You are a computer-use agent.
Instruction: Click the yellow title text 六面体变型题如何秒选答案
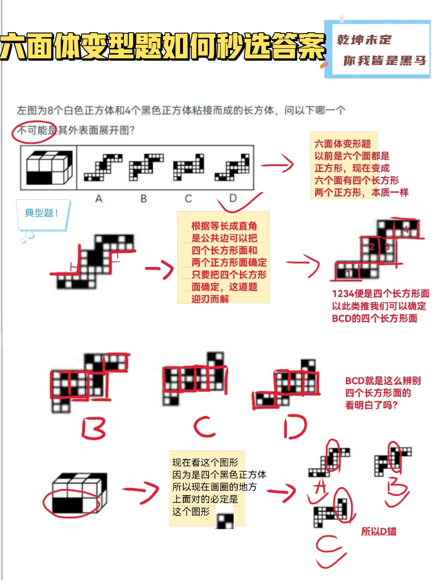click(163, 46)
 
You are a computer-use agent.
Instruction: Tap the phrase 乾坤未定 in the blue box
click(364, 40)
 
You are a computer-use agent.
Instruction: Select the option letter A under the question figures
click(99, 199)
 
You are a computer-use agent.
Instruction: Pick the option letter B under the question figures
click(143, 199)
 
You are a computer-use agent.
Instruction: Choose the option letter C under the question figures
click(188, 199)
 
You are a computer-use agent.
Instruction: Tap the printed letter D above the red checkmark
click(233, 198)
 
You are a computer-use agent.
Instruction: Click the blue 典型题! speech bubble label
click(41, 213)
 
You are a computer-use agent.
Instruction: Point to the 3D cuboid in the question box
click(49, 168)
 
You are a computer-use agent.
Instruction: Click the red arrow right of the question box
click(278, 164)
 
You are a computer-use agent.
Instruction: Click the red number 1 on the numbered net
click(348, 273)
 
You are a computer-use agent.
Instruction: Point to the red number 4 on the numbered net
click(406, 230)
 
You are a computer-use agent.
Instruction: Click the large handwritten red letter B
click(94, 428)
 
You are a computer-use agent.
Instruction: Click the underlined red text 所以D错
click(379, 531)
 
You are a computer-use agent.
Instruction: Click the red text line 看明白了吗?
click(371, 405)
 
